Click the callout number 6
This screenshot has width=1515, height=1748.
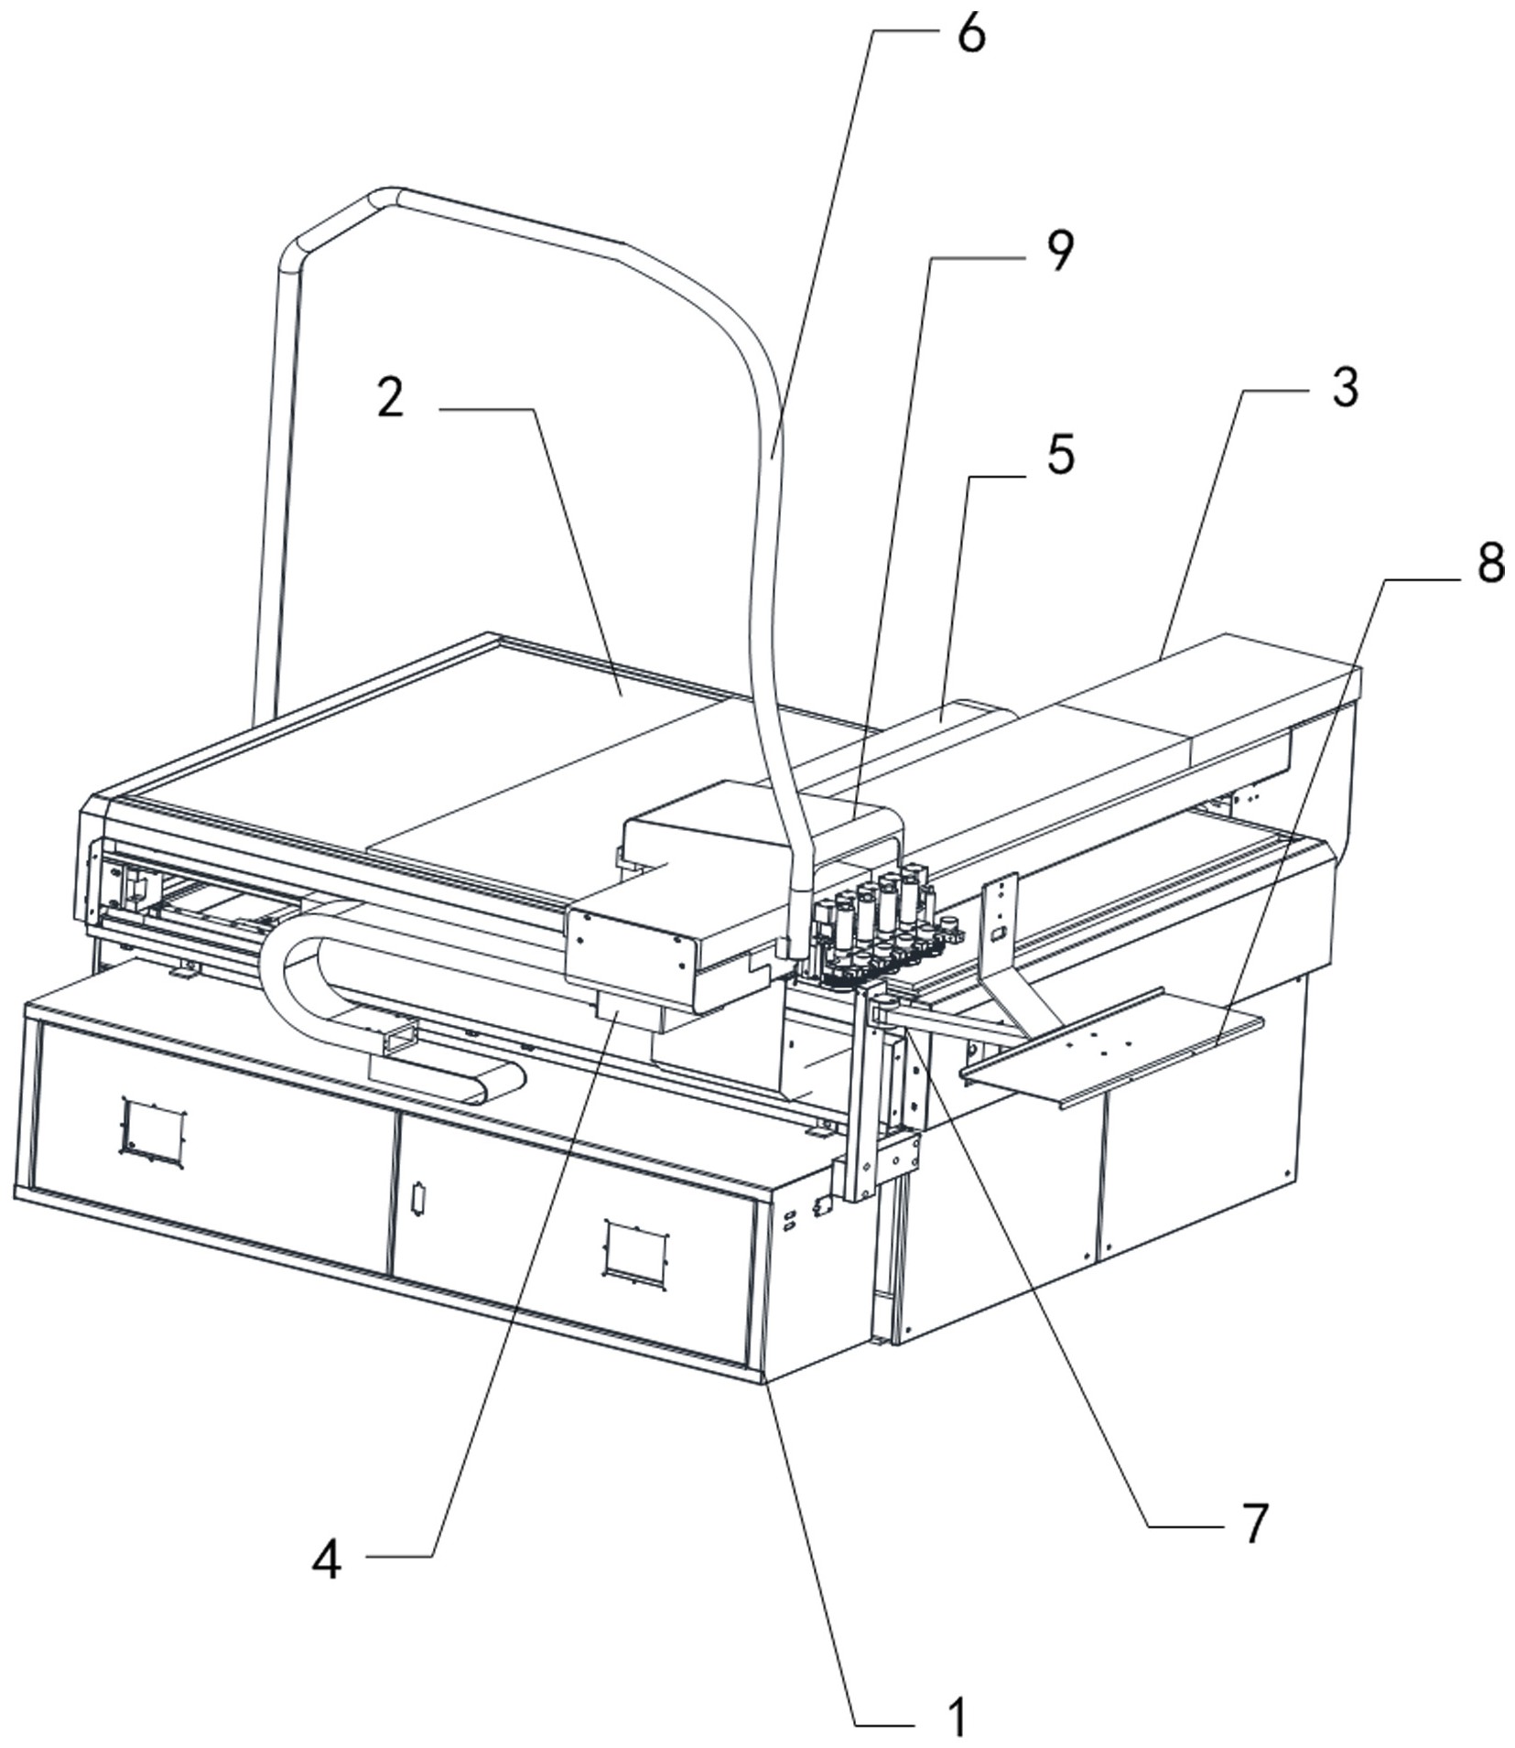click(970, 34)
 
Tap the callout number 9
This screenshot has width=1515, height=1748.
click(1059, 251)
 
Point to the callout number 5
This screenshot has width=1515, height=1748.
click(1060, 455)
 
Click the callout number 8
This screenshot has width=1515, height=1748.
click(1490, 563)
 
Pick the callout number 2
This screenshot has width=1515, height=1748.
click(391, 399)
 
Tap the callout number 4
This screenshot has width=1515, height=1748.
click(327, 1559)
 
